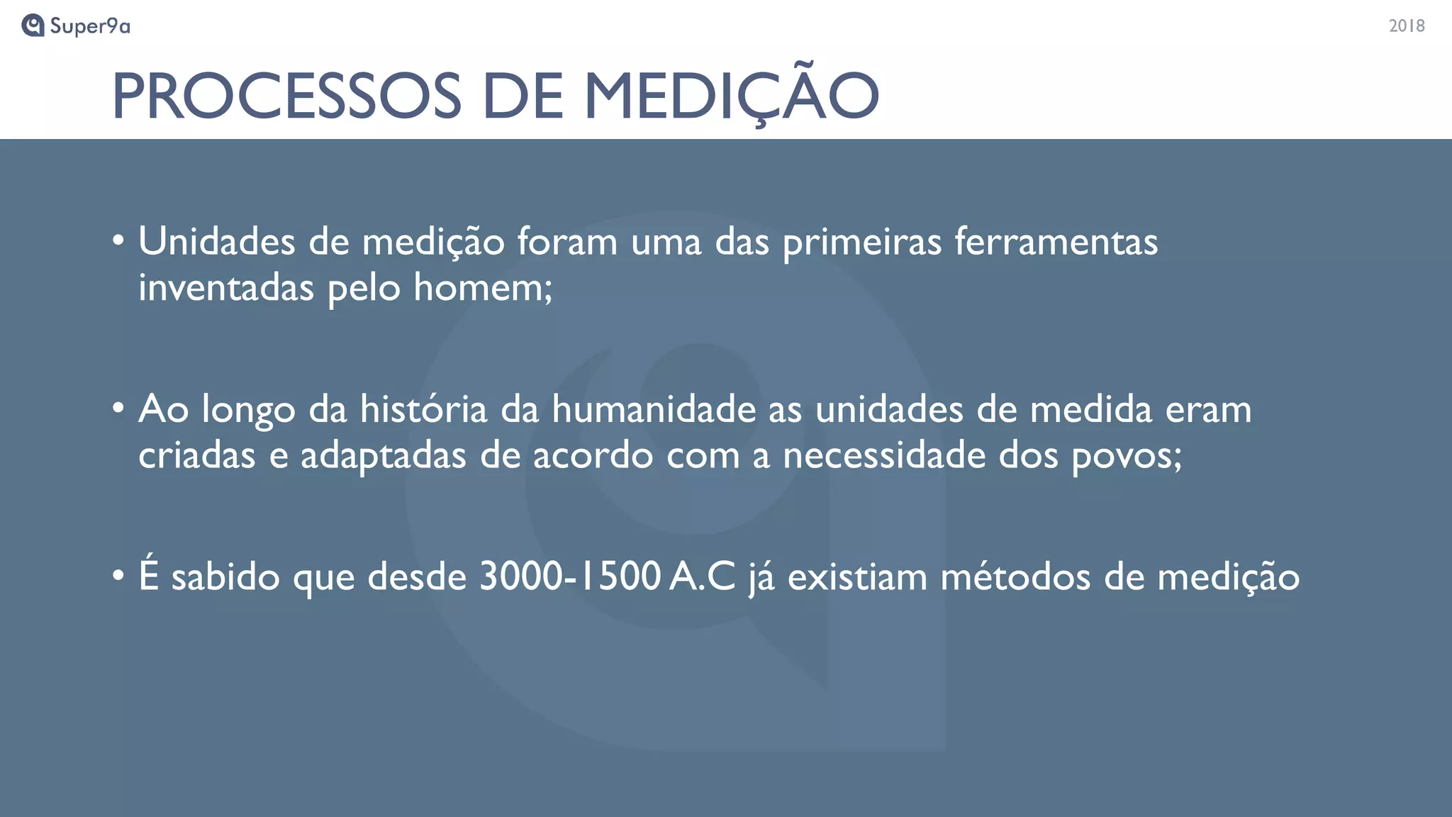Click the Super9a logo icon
click(x=33, y=26)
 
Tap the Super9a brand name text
click(x=90, y=26)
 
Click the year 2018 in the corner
click(x=1406, y=26)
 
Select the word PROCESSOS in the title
click(x=286, y=96)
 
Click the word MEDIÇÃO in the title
click(x=731, y=96)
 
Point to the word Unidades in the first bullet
click(x=216, y=242)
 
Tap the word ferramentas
click(x=1056, y=242)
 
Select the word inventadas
click(x=225, y=288)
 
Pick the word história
click(x=423, y=409)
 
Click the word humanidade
click(x=654, y=409)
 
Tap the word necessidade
click(x=883, y=455)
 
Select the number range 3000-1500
click(x=570, y=576)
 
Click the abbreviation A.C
click(x=703, y=576)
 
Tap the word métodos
click(x=1015, y=576)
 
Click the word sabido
click(x=225, y=576)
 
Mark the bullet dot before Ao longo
click(x=118, y=408)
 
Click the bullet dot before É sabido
click(x=118, y=575)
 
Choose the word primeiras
click(x=861, y=242)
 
